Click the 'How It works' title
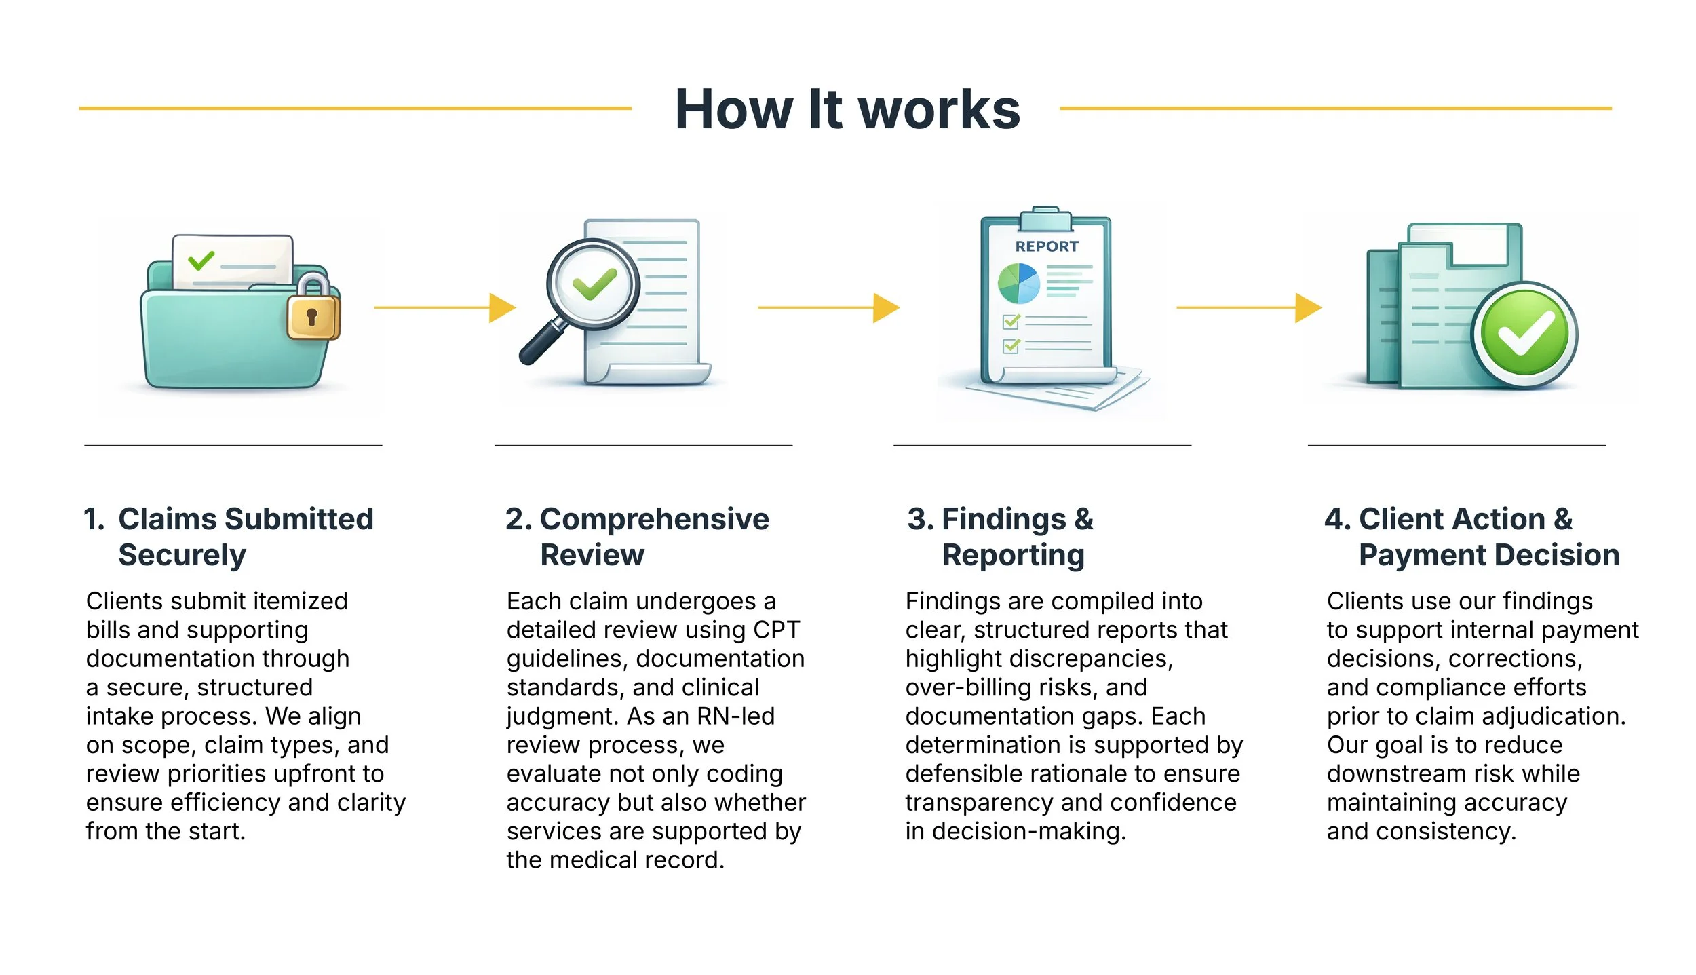coord(847,109)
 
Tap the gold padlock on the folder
coord(313,311)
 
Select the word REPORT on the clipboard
coord(1046,246)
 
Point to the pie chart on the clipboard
coord(1018,284)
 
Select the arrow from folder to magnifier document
coord(444,307)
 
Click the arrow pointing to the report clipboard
coord(828,307)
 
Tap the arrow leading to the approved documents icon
coord(1248,307)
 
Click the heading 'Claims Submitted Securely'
coord(229,536)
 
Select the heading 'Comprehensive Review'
coord(638,536)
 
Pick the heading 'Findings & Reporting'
coord(1001,536)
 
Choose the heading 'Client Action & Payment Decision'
coord(1472,536)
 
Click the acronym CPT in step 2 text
coord(776,630)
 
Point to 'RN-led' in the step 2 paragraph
coord(735,716)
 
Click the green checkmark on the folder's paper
coord(201,260)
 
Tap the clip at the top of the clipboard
coord(1045,218)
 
